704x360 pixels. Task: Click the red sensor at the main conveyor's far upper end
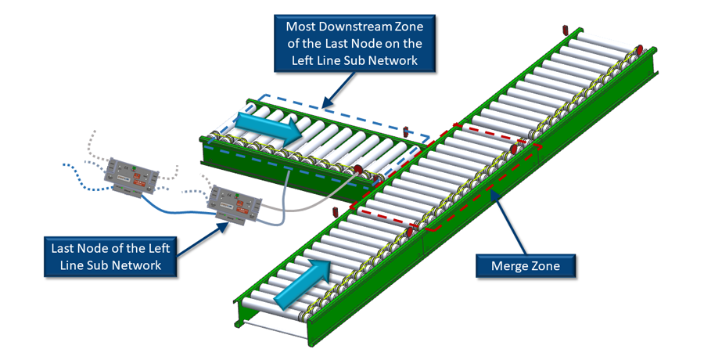569,30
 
